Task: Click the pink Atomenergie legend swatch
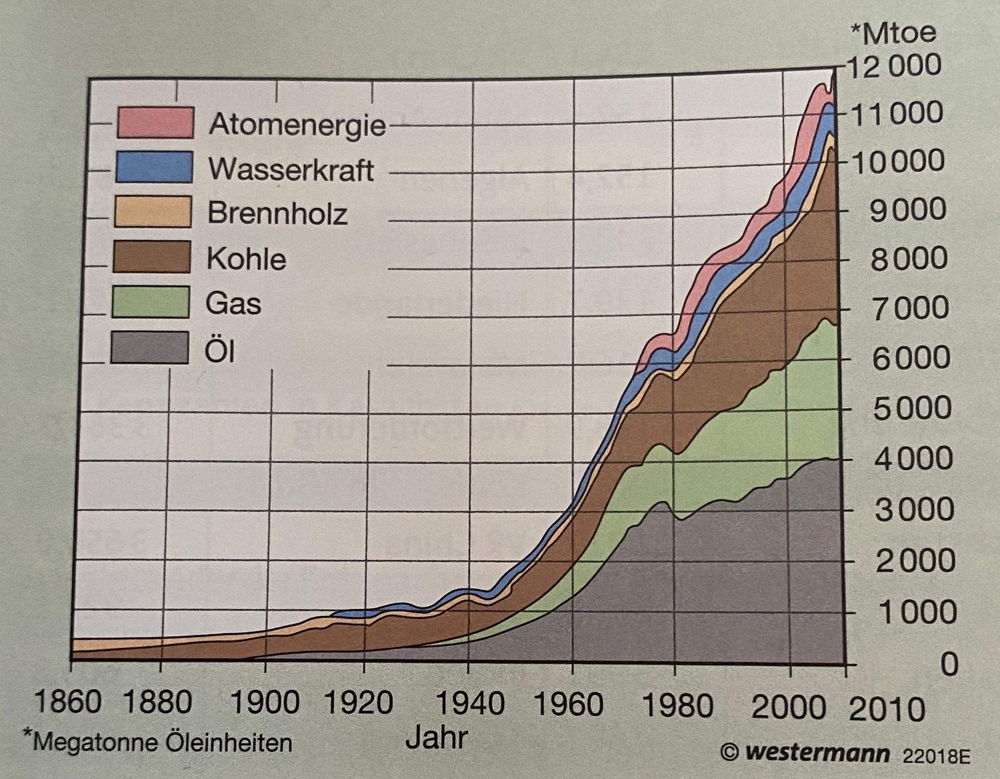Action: [x=155, y=123]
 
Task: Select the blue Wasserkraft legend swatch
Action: [x=154, y=167]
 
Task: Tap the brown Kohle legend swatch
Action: [x=152, y=256]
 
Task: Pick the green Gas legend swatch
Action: [x=151, y=302]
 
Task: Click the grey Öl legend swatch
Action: [x=150, y=348]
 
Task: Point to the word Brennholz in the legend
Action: [x=278, y=214]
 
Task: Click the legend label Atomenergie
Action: [x=298, y=125]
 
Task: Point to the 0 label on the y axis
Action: [x=949, y=664]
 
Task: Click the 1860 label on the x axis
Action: [x=68, y=703]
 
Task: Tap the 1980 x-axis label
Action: [x=678, y=706]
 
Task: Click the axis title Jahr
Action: [x=437, y=738]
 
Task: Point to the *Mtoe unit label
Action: [x=893, y=34]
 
